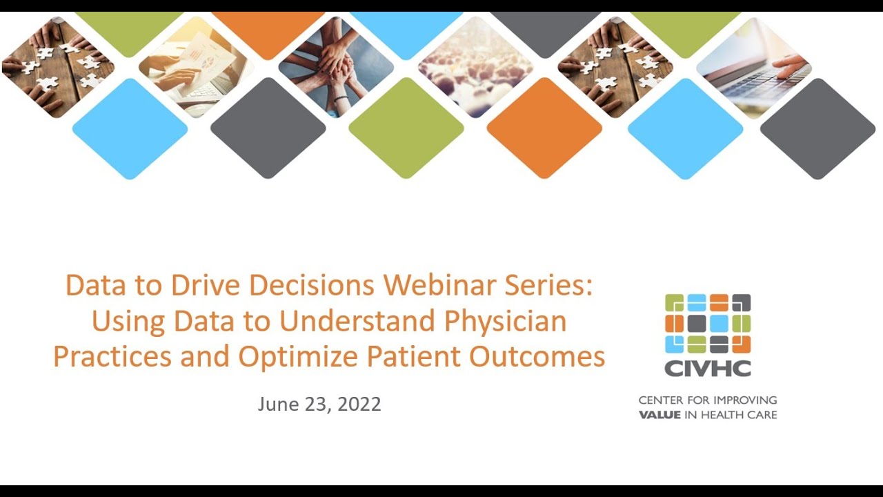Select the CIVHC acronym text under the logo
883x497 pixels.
click(707, 369)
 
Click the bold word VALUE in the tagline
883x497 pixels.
click(659, 415)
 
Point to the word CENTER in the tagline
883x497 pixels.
click(661, 400)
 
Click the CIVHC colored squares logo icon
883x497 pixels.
click(707, 323)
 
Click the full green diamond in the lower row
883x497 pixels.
click(406, 128)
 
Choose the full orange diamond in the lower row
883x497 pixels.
click(544, 128)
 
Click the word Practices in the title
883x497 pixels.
click(112, 356)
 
